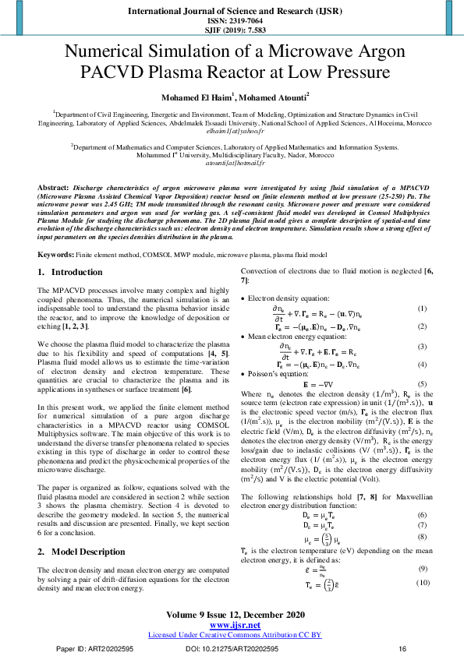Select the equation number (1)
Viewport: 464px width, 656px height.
pyautogui.click(x=422, y=287)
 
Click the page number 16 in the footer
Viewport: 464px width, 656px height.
pyautogui.click(x=402, y=648)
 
